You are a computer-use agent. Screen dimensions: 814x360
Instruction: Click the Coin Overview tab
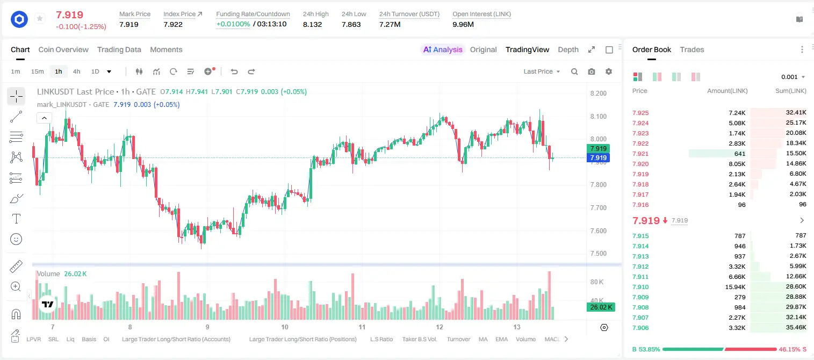[x=63, y=49]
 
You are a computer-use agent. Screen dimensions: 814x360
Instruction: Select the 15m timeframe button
[x=37, y=71]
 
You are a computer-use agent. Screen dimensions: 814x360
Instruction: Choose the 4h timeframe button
[x=76, y=71]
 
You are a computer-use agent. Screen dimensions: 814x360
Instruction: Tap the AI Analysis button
[x=443, y=49]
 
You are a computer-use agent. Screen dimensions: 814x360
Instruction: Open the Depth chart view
[x=568, y=49]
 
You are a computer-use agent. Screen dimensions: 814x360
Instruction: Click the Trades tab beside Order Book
[x=692, y=49]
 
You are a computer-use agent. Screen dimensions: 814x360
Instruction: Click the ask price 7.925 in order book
[x=640, y=113]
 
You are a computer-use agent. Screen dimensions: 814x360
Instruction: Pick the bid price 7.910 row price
[x=640, y=287]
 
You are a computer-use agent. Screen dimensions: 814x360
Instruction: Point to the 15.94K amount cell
[x=735, y=287]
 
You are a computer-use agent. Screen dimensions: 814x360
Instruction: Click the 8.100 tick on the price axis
[x=599, y=117]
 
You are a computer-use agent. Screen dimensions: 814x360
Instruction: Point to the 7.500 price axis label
[x=599, y=254]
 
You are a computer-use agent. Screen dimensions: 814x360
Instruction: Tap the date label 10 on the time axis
[x=285, y=327]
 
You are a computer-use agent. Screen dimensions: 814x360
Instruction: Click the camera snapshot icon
[x=592, y=71]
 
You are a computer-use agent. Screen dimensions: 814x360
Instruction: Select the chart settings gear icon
[x=609, y=71]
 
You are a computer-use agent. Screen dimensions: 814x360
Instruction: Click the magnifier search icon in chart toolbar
[x=574, y=71]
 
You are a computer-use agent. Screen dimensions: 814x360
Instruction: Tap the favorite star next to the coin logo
[x=40, y=18]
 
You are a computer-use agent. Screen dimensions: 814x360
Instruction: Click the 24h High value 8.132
[x=312, y=24]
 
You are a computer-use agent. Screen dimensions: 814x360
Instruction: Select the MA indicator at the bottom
[x=483, y=339]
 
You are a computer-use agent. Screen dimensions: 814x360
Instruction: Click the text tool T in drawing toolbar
[x=16, y=219]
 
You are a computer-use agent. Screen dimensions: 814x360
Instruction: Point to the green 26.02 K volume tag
[x=601, y=307]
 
